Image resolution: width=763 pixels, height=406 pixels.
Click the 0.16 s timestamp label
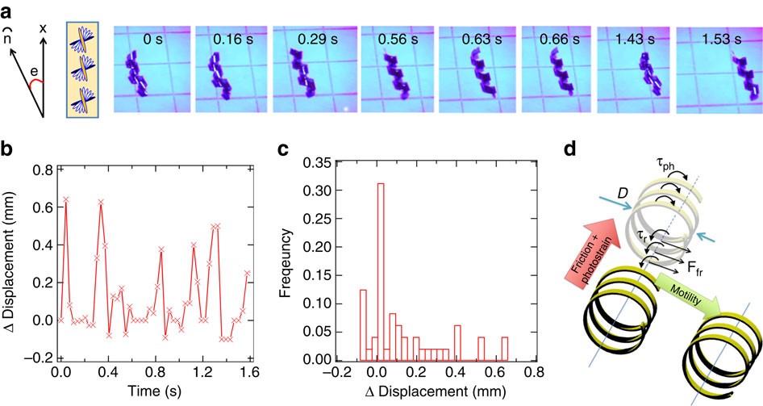pos(231,38)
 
